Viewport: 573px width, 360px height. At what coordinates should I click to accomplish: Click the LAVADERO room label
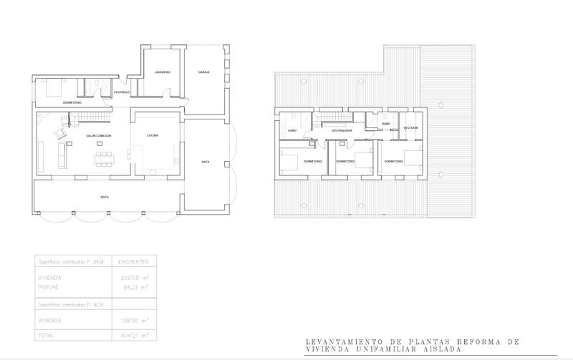[x=162, y=73]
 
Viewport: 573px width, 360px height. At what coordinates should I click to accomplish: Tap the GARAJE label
[x=203, y=72]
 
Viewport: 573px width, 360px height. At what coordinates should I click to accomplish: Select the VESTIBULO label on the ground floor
[x=122, y=92]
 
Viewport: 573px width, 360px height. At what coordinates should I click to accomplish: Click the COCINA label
[x=153, y=136]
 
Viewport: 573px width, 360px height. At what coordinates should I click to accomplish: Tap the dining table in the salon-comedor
[x=105, y=155]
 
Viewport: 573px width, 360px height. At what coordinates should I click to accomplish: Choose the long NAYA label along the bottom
[x=105, y=196]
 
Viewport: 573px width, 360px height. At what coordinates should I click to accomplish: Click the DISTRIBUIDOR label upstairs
[x=342, y=131]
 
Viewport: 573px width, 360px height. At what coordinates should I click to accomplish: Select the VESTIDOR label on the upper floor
[x=410, y=128]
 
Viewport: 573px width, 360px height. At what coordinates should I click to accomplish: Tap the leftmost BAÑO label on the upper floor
[x=292, y=131]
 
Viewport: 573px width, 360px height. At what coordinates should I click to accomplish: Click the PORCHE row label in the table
[x=48, y=287]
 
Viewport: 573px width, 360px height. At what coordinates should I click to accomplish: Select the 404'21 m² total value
[x=133, y=334]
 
